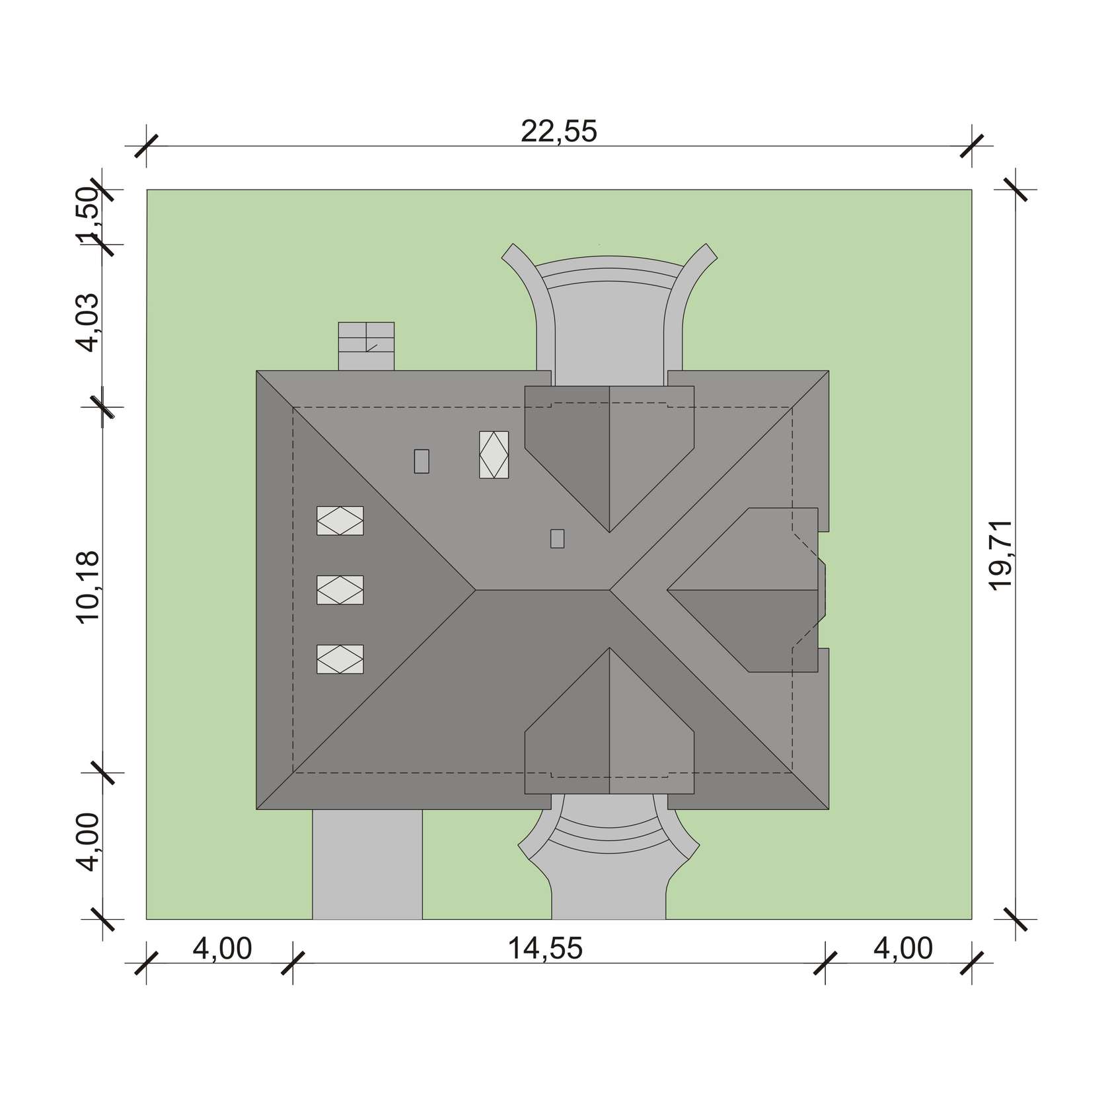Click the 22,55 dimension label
tap(559, 131)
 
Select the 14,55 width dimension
tap(545, 949)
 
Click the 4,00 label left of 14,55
tap(223, 949)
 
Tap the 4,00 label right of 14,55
tap(903, 949)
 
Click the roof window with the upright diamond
tap(494, 455)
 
